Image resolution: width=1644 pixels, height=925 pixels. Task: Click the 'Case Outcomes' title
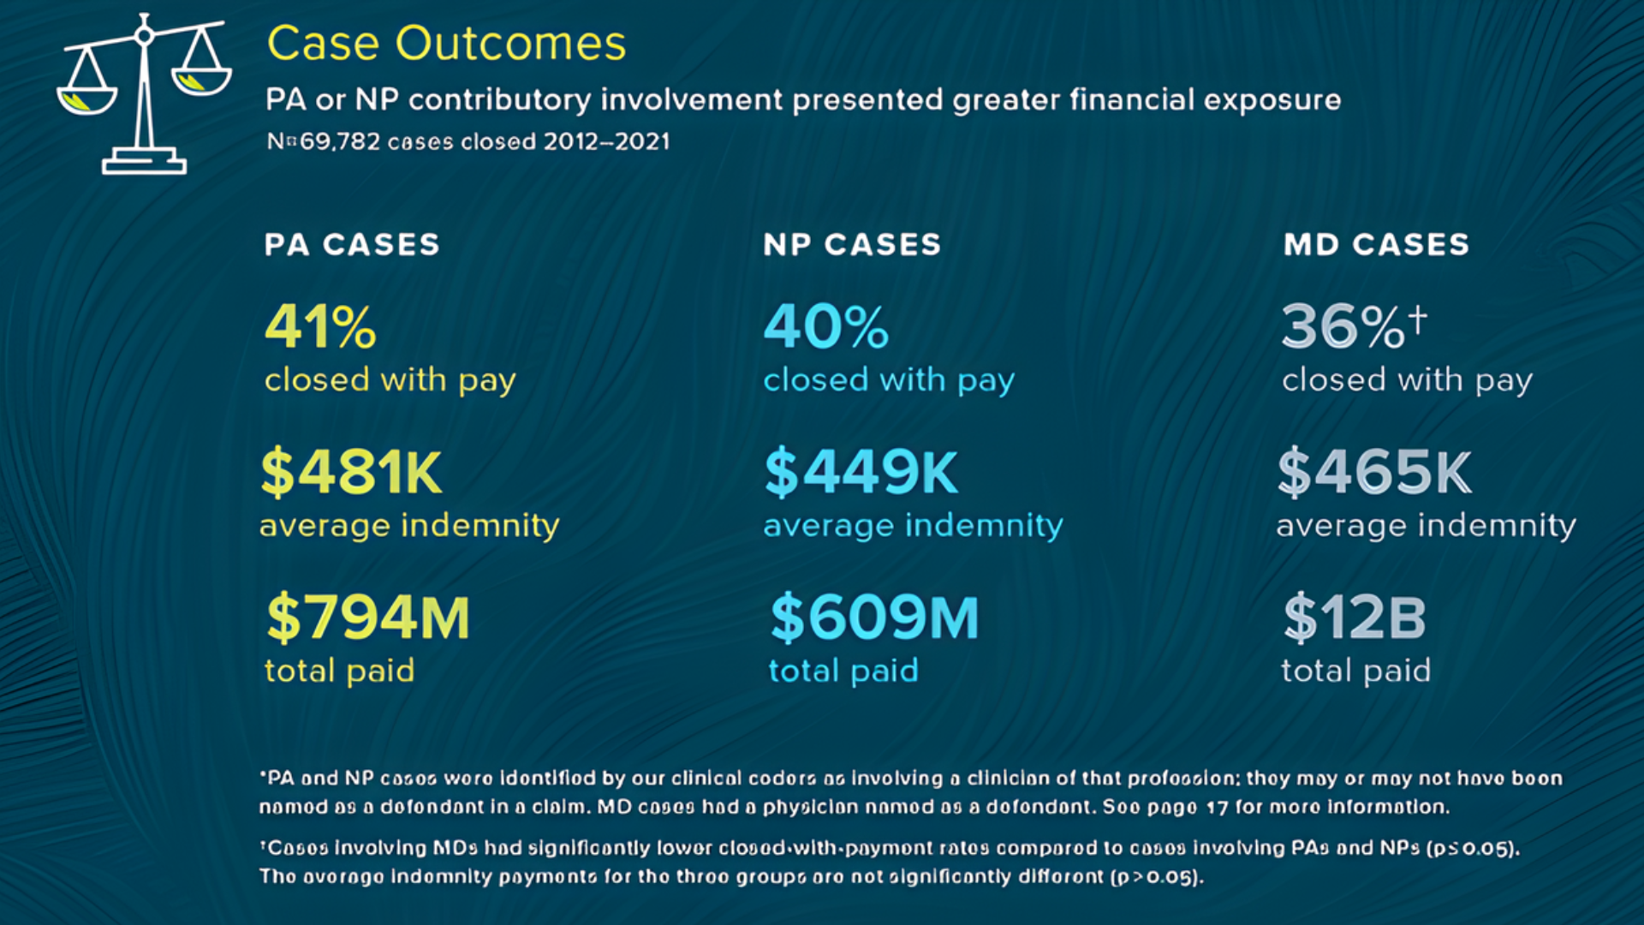(446, 43)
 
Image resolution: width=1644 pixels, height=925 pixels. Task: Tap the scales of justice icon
(144, 94)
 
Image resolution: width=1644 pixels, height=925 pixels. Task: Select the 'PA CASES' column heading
(352, 245)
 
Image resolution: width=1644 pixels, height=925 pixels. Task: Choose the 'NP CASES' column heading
(852, 245)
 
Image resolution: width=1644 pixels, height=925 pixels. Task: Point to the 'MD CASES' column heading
(1376, 245)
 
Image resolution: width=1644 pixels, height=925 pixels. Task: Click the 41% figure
(320, 327)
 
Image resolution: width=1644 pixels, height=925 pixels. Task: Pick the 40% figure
(826, 327)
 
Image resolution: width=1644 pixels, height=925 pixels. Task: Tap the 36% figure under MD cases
(1342, 327)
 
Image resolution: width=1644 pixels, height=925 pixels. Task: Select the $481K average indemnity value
(352, 472)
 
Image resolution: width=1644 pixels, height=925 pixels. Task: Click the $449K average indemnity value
(861, 472)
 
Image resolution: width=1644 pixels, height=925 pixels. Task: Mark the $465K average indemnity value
(1374, 472)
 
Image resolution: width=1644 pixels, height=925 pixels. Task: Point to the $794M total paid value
(368, 618)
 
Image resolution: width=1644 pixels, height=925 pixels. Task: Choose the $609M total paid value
(874, 618)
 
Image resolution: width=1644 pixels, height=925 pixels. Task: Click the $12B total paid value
(1355, 618)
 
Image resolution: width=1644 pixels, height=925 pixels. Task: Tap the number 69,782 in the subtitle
(340, 141)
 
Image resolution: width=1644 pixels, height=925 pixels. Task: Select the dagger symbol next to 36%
(1418, 319)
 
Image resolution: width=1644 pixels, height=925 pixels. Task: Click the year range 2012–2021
(606, 141)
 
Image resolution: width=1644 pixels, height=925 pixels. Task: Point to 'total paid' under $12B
(1355, 671)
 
